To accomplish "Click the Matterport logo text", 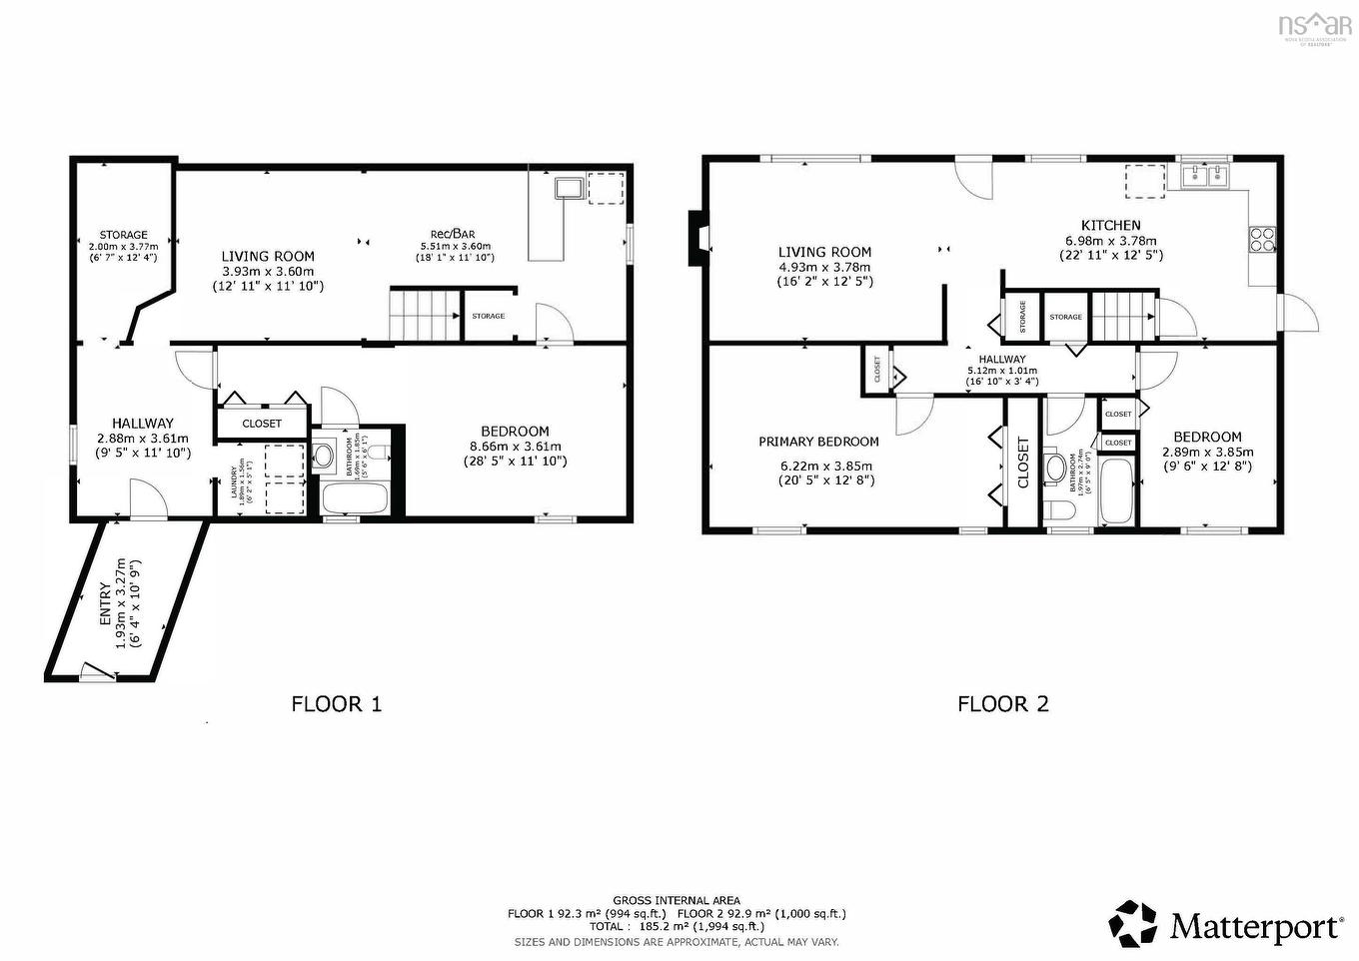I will coord(1255,926).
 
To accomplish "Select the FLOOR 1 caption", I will coord(336,704).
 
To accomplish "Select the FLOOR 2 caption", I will coord(1002,704).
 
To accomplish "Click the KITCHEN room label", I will coord(1110,226).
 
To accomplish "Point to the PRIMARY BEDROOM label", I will coord(818,442).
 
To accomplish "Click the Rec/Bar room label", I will coord(455,234).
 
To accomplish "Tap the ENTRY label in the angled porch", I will coord(106,604).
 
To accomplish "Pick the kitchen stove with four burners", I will coord(1261,239).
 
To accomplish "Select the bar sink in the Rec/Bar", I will coord(571,188).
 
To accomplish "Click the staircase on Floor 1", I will coord(424,315).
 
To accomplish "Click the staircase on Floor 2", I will coord(1123,316).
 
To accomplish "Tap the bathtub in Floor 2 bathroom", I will coord(1117,491).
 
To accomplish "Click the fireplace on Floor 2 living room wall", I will coord(695,238).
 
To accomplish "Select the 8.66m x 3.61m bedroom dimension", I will coord(515,447).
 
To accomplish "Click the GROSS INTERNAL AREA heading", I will coord(677,900).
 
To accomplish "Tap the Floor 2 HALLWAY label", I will coord(1001,359).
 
